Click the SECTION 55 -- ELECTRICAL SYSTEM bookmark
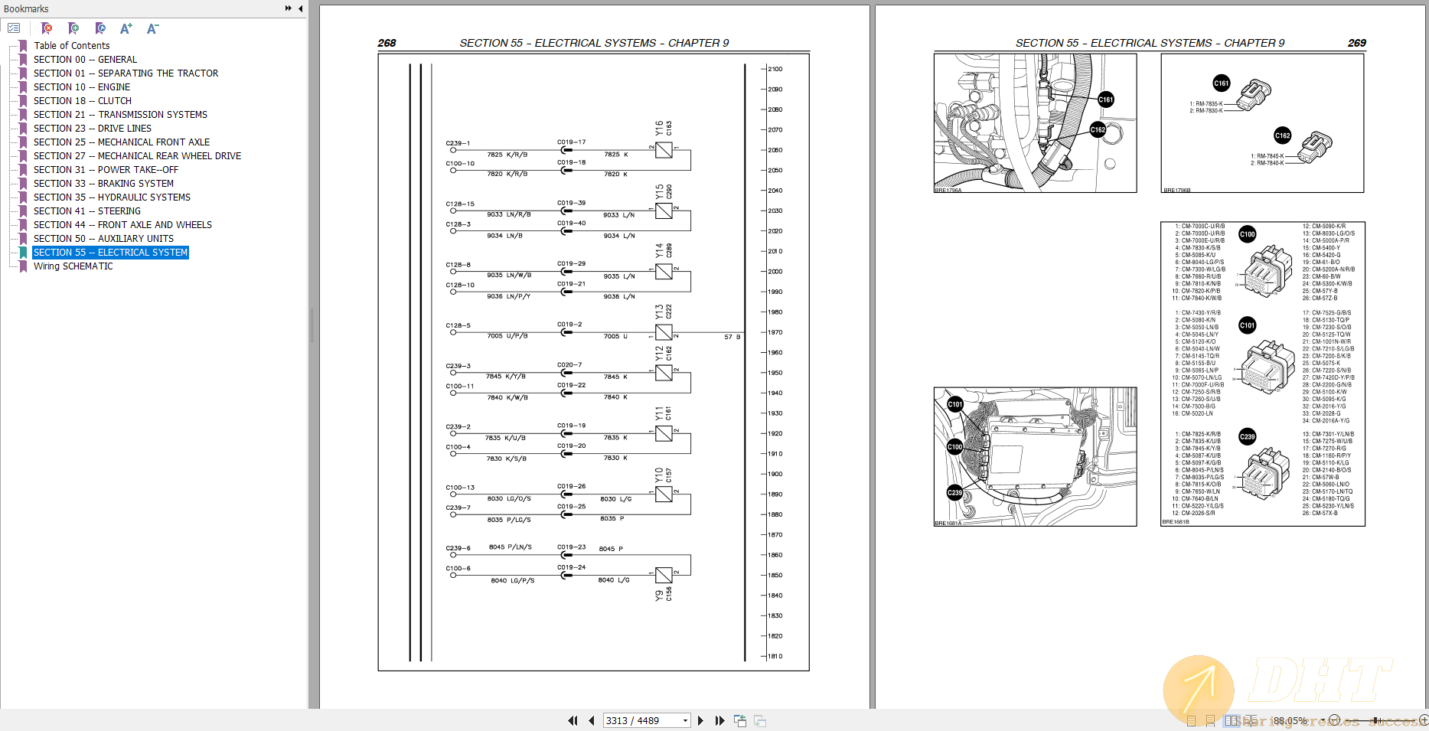point(110,253)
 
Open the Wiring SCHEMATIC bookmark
point(73,266)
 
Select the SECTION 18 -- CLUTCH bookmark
point(82,101)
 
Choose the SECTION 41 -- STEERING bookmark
point(86,211)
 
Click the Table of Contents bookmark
point(71,46)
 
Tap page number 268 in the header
point(387,43)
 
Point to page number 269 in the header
point(1356,43)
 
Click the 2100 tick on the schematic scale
point(775,69)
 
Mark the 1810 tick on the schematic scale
point(775,656)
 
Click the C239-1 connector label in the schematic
point(458,143)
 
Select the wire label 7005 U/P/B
point(507,336)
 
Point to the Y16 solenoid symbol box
point(664,150)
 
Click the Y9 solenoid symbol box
point(664,575)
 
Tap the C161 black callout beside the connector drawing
point(1221,83)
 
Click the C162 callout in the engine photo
point(1098,129)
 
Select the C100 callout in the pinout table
point(1247,234)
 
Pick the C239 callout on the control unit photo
point(954,493)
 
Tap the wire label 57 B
point(732,337)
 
